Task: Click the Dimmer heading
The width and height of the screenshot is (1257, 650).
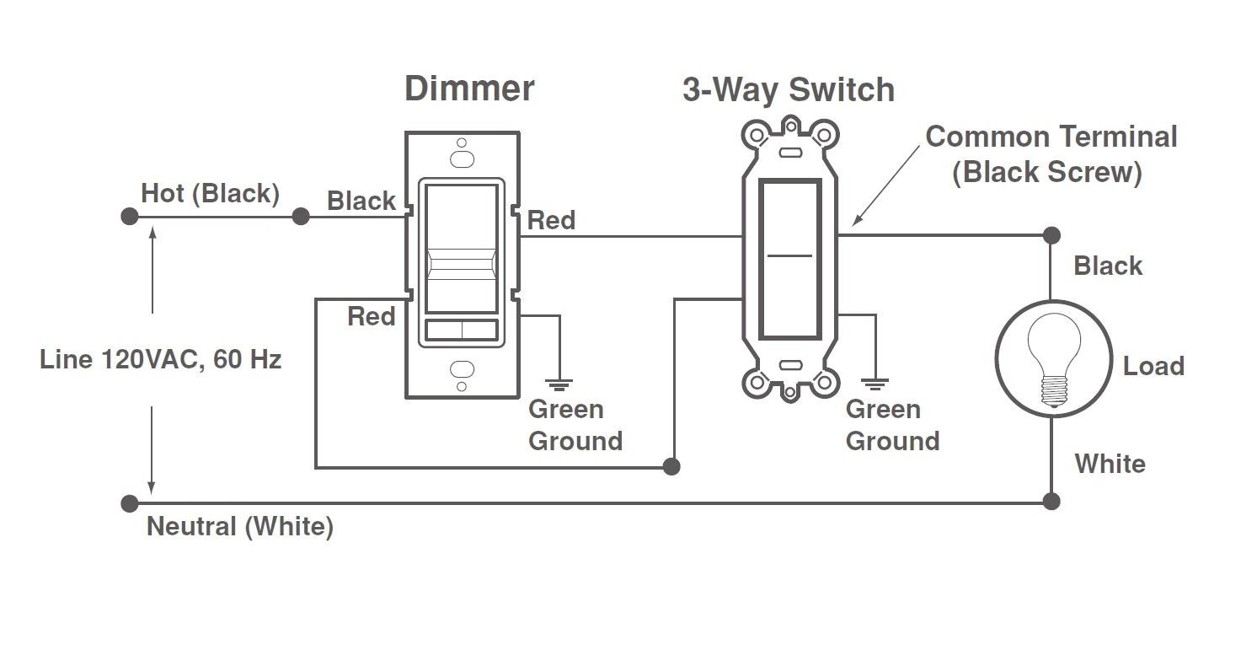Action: (x=469, y=89)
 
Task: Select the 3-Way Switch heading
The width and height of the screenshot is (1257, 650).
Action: (x=788, y=90)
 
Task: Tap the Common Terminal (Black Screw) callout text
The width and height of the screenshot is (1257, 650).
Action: (x=1051, y=154)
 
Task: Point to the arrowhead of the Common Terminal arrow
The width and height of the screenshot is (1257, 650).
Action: (x=854, y=223)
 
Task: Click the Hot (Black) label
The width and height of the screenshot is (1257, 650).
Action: (x=210, y=193)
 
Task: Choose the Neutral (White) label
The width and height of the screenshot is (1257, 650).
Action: (x=240, y=527)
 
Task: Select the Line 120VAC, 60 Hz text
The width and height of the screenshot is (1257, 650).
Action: (x=160, y=360)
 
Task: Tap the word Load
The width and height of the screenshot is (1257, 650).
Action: (x=1153, y=366)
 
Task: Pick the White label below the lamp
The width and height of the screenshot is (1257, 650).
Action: (x=1110, y=464)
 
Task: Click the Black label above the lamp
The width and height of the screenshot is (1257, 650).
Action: (x=1108, y=266)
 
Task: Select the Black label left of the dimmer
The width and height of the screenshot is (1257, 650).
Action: (x=361, y=201)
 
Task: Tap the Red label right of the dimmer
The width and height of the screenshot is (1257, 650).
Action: (x=552, y=221)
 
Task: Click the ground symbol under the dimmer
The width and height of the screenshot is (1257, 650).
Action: (x=559, y=384)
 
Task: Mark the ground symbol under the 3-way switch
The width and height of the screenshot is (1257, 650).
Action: (x=877, y=384)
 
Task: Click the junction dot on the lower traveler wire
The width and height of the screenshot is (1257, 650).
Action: (x=671, y=466)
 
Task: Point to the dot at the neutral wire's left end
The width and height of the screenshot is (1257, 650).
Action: (x=129, y=503)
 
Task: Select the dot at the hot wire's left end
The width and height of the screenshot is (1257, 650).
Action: (x=129, y=217)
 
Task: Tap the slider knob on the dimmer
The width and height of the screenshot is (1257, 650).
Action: (x=461, y=269)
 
